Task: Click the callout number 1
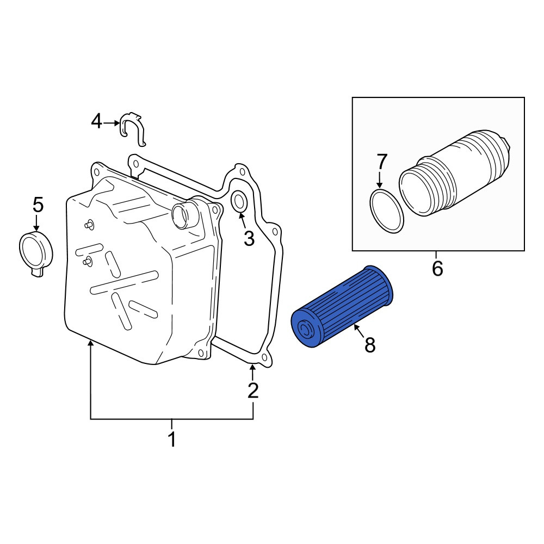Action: click(172, 439)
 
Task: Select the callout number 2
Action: click(253, 390)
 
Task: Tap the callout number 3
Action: click(249, 238)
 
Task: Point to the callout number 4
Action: click(96, 122)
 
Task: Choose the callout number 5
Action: click(38, 205)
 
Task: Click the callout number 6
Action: click(437, 268)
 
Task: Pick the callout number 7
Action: click(381, 162)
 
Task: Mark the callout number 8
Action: click(370, 345)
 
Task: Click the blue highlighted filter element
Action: click(342, 306)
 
